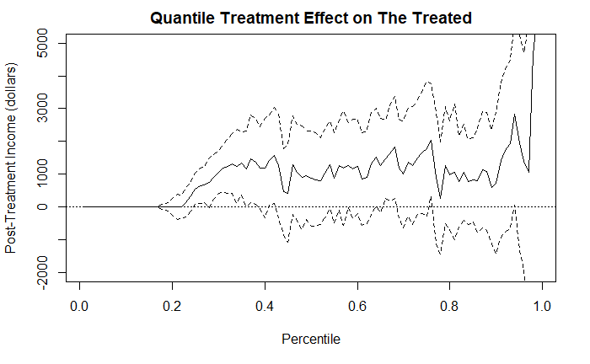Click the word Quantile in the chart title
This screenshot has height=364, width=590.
pos(182,18)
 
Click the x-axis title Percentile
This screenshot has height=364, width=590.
pos(311,340)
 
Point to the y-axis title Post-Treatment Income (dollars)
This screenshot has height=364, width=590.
pos(10,158)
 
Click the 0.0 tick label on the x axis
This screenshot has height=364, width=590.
pos(79,306)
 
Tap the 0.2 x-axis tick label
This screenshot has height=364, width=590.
pos(172,306)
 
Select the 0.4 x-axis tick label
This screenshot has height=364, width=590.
pos(265,306)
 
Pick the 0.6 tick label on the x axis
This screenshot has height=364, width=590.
pos(357,306)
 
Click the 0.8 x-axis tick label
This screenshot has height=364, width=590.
pos(449,306)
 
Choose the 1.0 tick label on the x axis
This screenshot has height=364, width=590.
pos(542,306)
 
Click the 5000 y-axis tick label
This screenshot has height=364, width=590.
pos(42,43)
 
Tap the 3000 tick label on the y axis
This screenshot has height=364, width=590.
pos(42,109)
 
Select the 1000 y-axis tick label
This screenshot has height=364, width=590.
pos(42,174)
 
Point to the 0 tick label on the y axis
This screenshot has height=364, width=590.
pos(42,206)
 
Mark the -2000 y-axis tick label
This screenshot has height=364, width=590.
pos(42,272)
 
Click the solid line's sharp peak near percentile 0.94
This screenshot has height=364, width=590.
pos(515,115)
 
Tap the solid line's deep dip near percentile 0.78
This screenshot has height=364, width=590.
pos(440,198)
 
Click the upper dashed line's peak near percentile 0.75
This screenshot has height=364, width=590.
pos(427,82)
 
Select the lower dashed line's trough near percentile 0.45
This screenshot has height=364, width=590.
pos(288,242)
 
